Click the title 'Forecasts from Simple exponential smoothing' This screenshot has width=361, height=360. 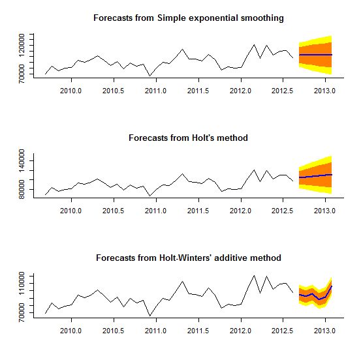click(188, 18)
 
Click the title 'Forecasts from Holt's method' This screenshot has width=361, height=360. click(188, 138)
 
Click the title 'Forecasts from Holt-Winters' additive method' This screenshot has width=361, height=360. click(188, 258)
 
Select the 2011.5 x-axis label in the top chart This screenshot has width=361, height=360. click(198, 91)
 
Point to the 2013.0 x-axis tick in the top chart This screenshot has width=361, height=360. click(324, 91)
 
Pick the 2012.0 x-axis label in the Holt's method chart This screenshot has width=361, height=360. click(240, 211)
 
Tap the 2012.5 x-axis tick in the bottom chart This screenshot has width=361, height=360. click(282, 331)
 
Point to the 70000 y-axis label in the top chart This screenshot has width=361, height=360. click(30, 73)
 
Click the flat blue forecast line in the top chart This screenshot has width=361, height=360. click(315, 55)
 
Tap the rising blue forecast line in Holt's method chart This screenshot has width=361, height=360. click(315, 175)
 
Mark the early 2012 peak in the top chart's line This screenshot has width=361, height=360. click(254, 44)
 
